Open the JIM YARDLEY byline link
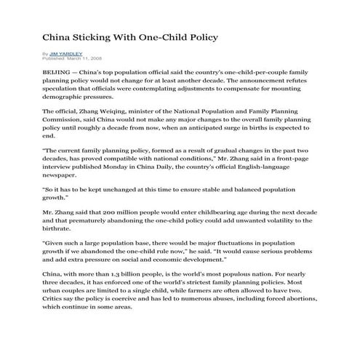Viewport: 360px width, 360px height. coord(65,53)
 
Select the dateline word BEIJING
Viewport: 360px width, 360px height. coord(57,74)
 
